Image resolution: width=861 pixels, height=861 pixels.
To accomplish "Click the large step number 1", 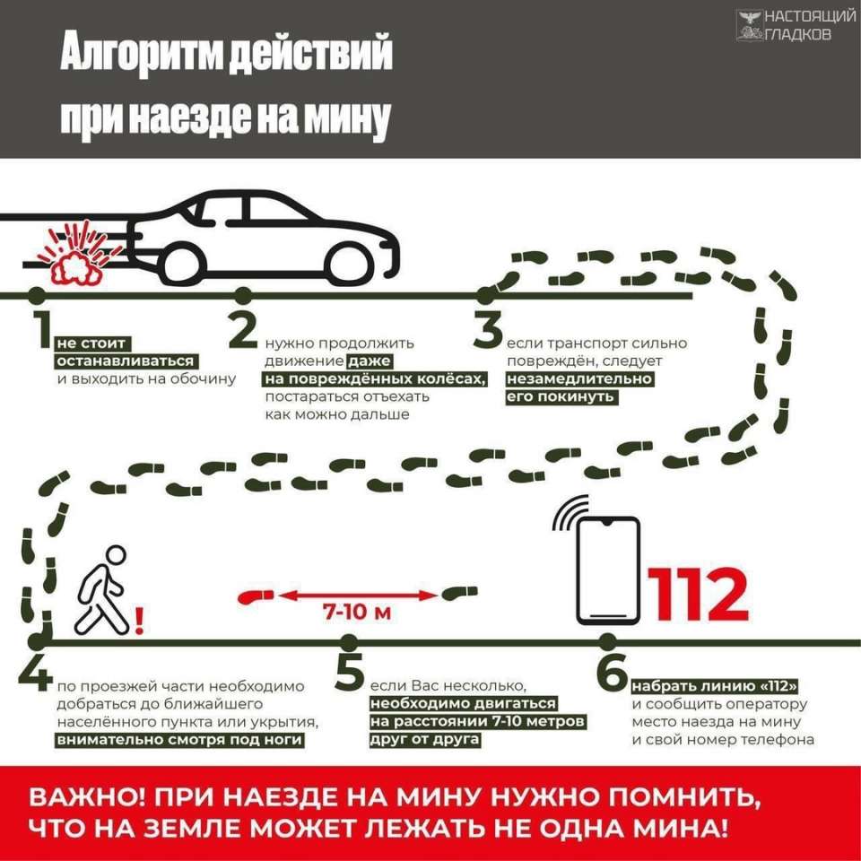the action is click(42, 329).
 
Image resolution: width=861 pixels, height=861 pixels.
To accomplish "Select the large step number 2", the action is click(243, 329).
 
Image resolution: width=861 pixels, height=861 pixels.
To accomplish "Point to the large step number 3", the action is click(488, 329).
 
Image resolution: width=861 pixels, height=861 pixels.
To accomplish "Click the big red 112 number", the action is click(698, 595).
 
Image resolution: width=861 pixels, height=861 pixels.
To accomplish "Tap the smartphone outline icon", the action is click(608, 571).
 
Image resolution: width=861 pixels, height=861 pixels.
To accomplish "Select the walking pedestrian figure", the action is click(104, 588).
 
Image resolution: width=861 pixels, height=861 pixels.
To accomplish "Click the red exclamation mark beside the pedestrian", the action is click(139, 621).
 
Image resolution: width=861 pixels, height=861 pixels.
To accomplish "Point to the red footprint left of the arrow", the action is click(255, 596).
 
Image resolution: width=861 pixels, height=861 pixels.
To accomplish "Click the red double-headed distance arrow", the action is click(358, 595).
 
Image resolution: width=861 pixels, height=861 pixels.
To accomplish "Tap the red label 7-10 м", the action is click(357, 612).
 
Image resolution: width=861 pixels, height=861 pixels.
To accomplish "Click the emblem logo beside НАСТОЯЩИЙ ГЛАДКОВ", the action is click(749, 25).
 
